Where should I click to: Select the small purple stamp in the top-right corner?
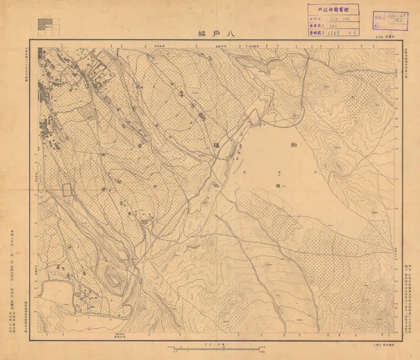(390, 20)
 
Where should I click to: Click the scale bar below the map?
(213, 348)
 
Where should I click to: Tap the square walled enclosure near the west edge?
(68, 189)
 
